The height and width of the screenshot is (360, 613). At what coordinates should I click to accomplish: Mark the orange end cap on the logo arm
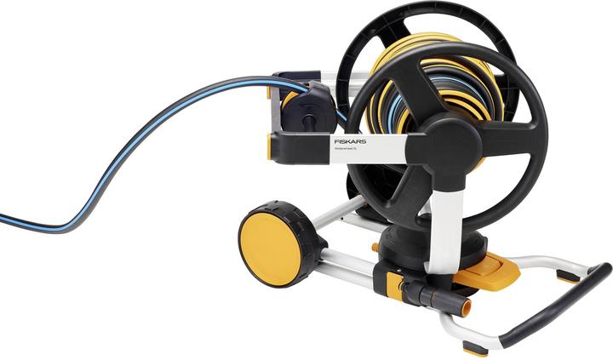(272, 146)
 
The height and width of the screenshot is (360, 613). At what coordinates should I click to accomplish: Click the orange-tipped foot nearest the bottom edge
(473, 346)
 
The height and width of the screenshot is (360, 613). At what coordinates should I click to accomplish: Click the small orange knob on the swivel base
(375, 248)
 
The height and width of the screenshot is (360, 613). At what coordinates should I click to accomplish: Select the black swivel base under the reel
(408, 247)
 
